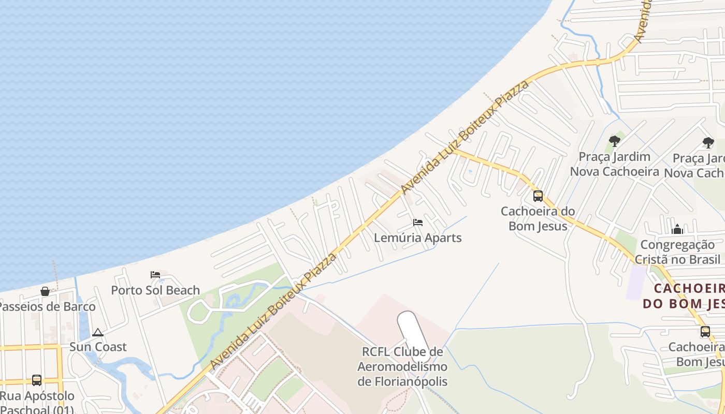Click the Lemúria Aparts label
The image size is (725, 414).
point(418,238)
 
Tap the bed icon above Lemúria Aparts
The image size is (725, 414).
point(418,223)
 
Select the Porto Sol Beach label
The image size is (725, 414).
point(155,290)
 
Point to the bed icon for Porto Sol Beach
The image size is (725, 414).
point(155,275)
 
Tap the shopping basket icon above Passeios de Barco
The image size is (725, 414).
point(45,291)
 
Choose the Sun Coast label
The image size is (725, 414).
point(98,347)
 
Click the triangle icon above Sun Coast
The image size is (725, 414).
point(98,332)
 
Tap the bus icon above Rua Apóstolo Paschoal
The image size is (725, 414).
point(37,380)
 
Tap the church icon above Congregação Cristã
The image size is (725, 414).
point(677,229)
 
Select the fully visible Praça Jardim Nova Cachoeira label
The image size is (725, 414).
point(615,164)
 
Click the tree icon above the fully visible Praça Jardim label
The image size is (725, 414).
point(615,141)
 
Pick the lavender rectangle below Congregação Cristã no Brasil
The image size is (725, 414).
point(636,283)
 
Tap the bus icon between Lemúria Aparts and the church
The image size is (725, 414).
point(538,196)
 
